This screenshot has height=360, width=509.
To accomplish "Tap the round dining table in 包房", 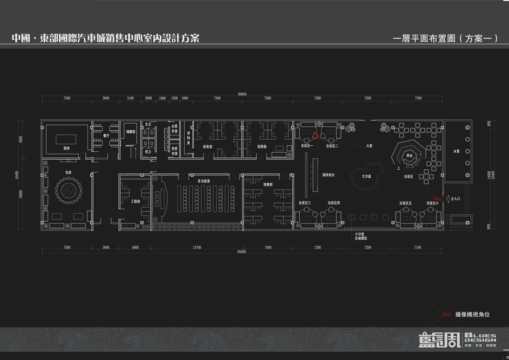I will pos(68,189).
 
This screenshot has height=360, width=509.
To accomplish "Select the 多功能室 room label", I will pos(204,181).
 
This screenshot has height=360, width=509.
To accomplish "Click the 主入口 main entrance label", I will pos(455,199).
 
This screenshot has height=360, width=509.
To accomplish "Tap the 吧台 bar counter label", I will pos(409,156).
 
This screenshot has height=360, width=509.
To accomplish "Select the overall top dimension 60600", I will pos(242,94).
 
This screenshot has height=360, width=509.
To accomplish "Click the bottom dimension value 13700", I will pos(197,248).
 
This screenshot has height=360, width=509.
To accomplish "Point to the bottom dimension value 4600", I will pos(135,248).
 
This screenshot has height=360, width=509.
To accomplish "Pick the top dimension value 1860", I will pos(185,98).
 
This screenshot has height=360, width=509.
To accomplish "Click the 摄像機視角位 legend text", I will pos(472,314).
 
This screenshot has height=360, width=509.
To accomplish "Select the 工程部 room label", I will pos(135,201).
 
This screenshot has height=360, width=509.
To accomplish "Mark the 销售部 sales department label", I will pos(268,184).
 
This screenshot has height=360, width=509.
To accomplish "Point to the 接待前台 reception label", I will pos(328,175).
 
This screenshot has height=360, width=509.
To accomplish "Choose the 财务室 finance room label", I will pos(207,147).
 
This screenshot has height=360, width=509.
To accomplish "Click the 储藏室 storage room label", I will pos(130,131).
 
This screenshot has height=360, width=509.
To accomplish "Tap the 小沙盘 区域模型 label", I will pos(361,236).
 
